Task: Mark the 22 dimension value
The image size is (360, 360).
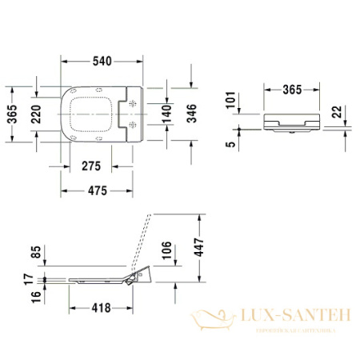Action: (339, 110)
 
